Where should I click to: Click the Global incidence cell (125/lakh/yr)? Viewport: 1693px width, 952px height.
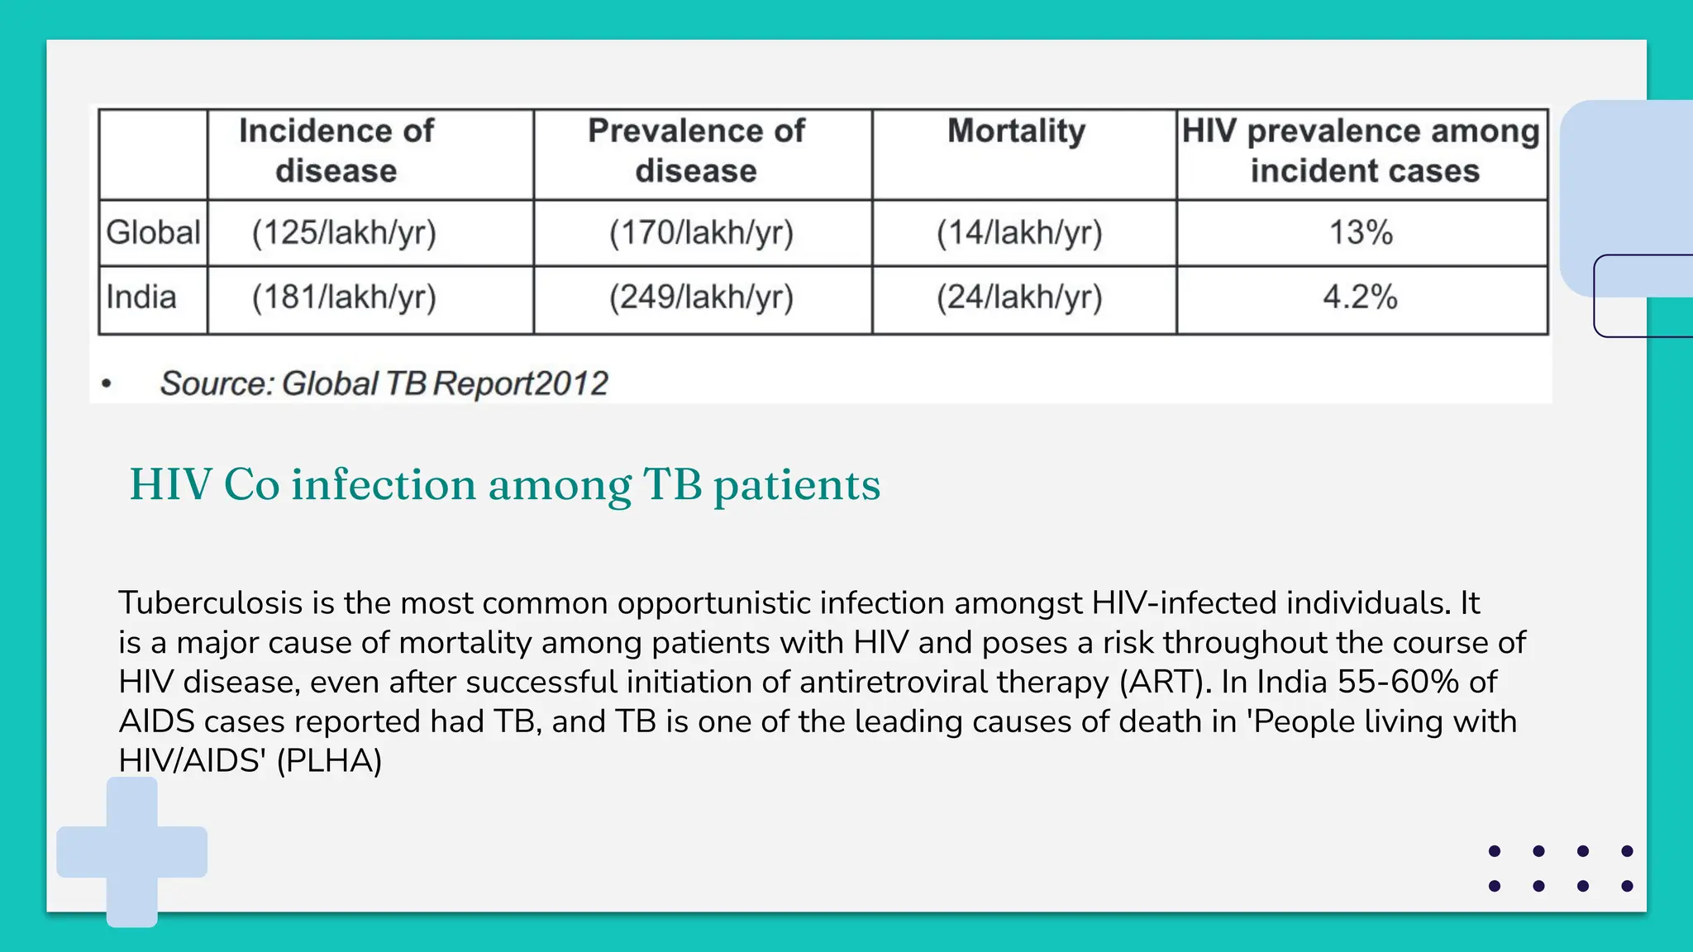click(x=344, y=233)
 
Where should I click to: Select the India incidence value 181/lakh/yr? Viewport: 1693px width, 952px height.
click(x=344, y=297)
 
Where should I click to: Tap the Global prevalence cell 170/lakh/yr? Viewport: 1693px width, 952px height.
click(x=701, y=233)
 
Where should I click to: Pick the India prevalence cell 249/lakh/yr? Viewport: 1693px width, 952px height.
click(x=701, y=297)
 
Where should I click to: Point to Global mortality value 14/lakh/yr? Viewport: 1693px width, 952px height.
click(x=1019, y=233)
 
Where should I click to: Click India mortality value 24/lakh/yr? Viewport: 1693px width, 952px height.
click(x=1019, y=297)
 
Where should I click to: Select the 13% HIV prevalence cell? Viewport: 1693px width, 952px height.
click(x=1361, y=233)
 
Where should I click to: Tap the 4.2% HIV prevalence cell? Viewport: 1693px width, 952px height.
click(x=1360, y=297)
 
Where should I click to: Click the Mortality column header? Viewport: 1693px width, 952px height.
click(x=1016, y=131)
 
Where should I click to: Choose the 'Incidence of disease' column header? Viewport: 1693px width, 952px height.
click(x=336, y=151)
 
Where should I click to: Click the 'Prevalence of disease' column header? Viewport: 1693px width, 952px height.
click(x=696, y=151)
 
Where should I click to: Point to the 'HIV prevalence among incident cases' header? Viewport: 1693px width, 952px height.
click(x=1362, y=151)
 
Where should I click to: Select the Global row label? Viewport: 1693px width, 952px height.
click(x=154, y=232)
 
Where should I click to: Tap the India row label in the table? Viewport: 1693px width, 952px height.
click(x=141, y=297)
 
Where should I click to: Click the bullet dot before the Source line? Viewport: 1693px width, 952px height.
click(x=106, y=383)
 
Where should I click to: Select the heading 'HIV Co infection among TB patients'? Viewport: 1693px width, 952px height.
click(x=505, y=485)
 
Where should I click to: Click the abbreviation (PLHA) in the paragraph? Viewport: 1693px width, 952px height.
click(x=329, y=761)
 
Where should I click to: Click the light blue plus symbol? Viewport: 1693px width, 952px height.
click(x=132, y=852)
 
